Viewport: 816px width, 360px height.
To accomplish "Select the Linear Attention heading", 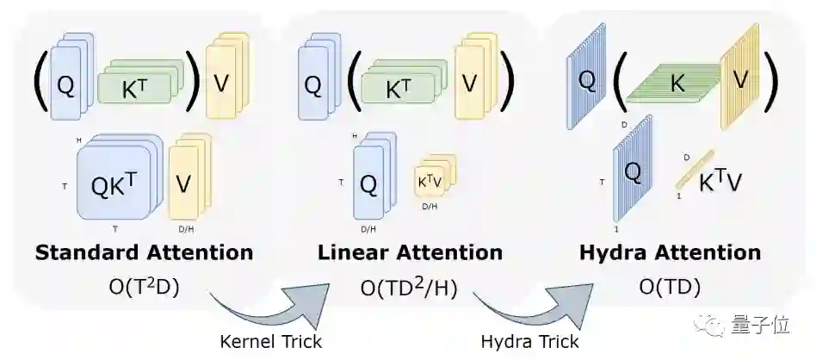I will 410,252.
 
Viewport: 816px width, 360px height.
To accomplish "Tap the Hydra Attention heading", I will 670,252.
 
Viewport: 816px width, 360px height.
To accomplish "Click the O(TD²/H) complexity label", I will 410,286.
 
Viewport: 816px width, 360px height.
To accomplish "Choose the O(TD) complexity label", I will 670,286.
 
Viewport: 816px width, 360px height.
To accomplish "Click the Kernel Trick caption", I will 271,341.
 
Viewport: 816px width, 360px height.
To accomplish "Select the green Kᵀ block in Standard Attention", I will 138,86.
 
